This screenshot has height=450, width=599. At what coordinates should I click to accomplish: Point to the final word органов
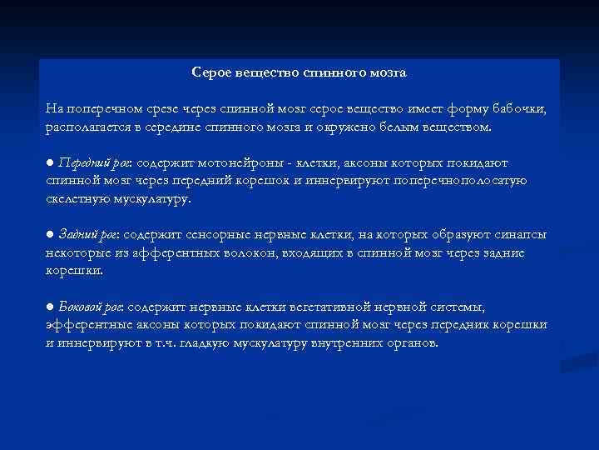tap(410, 343)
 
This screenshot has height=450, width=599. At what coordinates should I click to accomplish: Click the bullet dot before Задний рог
tap(50, 235)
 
